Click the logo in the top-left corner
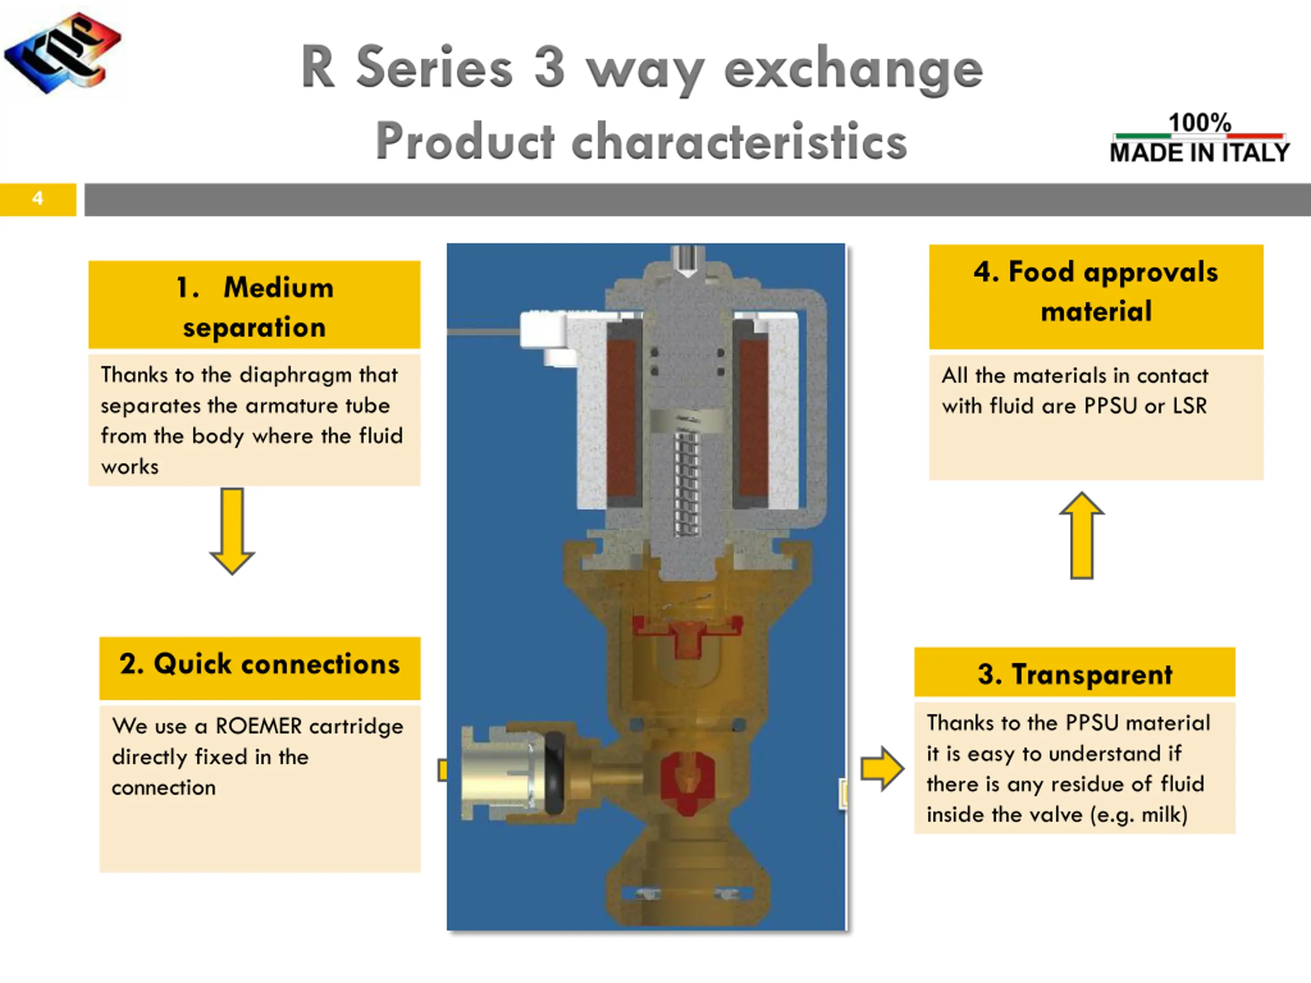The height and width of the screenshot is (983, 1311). [x=63, y=52]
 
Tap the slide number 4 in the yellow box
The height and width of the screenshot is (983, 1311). [x=37, y=198]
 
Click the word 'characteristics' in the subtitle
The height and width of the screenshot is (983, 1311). [x=739, y=141]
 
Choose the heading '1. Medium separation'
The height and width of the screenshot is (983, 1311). [x=255, y=307]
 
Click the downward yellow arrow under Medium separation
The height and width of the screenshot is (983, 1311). [x=232, y=531]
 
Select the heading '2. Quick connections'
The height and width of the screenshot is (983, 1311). [x=260, y=664]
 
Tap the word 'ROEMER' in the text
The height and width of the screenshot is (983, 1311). [x=259, y=726]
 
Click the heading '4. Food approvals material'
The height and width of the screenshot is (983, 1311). [x=1096, y=291]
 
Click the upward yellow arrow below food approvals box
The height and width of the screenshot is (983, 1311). [x=1082, y=535]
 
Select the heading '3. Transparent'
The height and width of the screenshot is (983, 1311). [x=1074, y=674]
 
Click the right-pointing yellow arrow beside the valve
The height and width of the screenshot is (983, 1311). [x=882, y=768]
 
